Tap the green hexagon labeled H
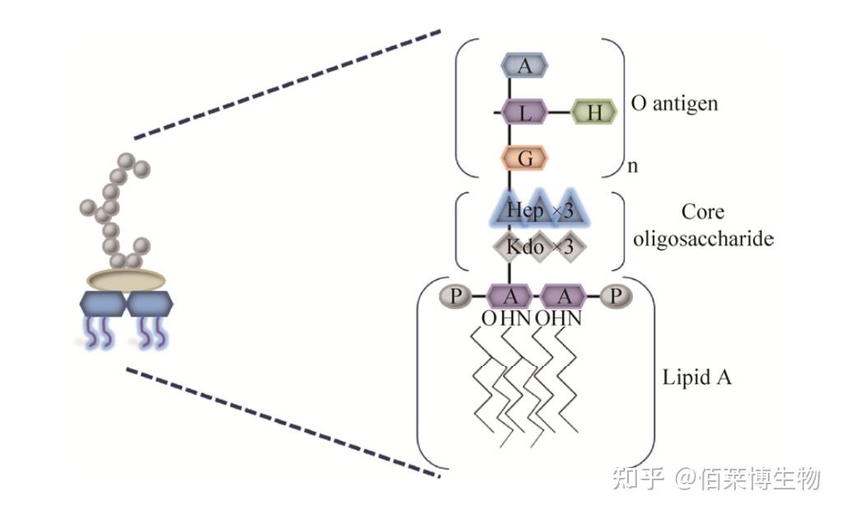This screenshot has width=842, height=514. coord(593,112)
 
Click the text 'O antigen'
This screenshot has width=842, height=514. coord(674,104)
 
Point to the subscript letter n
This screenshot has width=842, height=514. coord(632,167)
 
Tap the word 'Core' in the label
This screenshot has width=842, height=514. coord(702,212)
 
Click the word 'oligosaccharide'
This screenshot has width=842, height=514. coord(702,238)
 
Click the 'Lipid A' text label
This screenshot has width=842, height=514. coord(696,378)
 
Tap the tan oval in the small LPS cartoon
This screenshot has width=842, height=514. coord(125,280)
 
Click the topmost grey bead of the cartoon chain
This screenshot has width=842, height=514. coord(126,160)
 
